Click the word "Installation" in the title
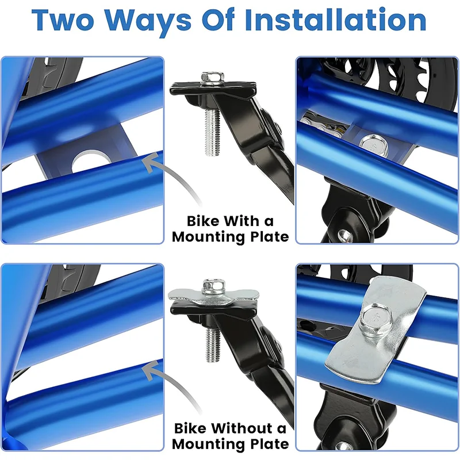(335, 20)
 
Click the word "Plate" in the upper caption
(269, 237)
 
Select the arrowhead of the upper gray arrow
(152, 162)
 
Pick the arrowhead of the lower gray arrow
(152, 370)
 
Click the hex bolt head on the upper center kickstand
(213, 78)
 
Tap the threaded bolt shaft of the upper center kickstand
(212, 133)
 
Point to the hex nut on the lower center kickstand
(213, 286)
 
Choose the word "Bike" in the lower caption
(190, 428)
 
